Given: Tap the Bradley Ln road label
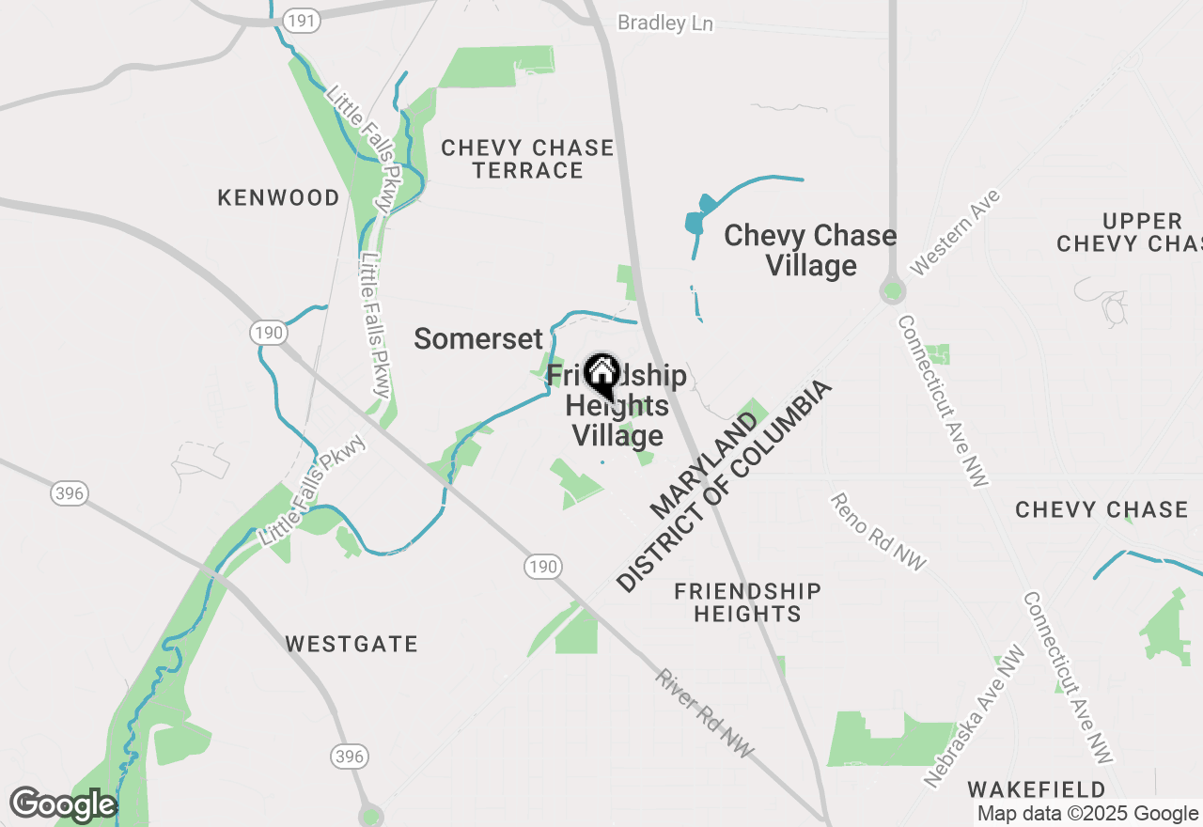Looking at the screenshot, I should [x=664, y=23].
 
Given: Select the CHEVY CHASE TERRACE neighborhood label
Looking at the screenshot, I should [x=527, y=159].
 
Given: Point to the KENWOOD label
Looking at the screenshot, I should [x=278, y=197].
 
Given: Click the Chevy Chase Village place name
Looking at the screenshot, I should [x=810, y=250].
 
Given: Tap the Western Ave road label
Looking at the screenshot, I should [x=956, y=232].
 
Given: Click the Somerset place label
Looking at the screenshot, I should [x=478, y=339].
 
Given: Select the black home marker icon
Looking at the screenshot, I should [x=601, y=375].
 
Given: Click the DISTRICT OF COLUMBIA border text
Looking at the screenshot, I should [x=725, y=487].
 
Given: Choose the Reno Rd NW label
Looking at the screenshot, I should [x=878, y=531].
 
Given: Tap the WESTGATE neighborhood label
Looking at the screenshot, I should [x=352, y=644].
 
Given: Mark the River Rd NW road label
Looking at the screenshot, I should [x=705, y=714].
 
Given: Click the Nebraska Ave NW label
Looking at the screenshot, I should [x=974, y=715].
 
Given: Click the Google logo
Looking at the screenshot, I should [x=63, y=804].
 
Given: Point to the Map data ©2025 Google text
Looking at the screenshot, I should [x=1087, y=814].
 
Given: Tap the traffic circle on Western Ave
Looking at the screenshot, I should [x=892, y=291].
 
